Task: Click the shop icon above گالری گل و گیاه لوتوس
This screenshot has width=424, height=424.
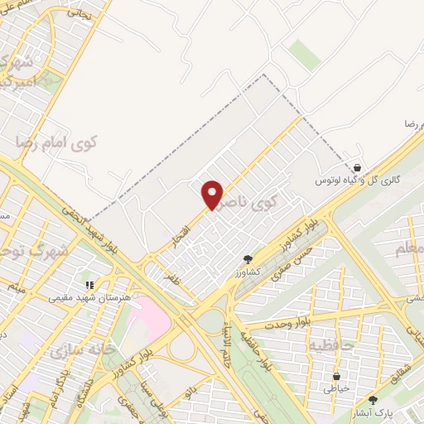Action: tap(357, 168)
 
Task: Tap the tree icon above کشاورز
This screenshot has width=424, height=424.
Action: tap(248, 260)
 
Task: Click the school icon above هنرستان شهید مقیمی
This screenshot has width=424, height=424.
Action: tap(90, 285)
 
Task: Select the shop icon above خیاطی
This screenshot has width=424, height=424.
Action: tap(336, 376)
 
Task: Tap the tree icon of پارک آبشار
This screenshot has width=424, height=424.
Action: tap(373, 400)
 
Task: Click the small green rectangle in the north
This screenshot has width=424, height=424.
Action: tap(305, 55)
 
